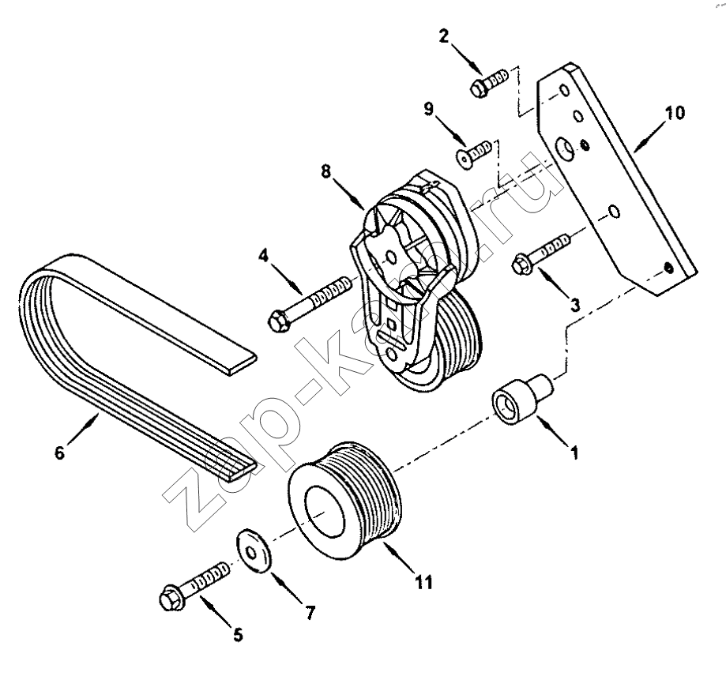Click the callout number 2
[444, 36]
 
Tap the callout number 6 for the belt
[60, 453]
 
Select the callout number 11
[424, 582]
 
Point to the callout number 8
[325, 171]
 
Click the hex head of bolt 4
[279, 320]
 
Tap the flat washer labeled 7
[254, 550]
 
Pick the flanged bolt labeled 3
[542, 253]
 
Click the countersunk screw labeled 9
[472, 152]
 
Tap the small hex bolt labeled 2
[490, 82]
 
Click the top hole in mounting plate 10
[563, 90]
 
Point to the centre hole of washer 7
[250, 553]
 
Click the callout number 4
[263, 256]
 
